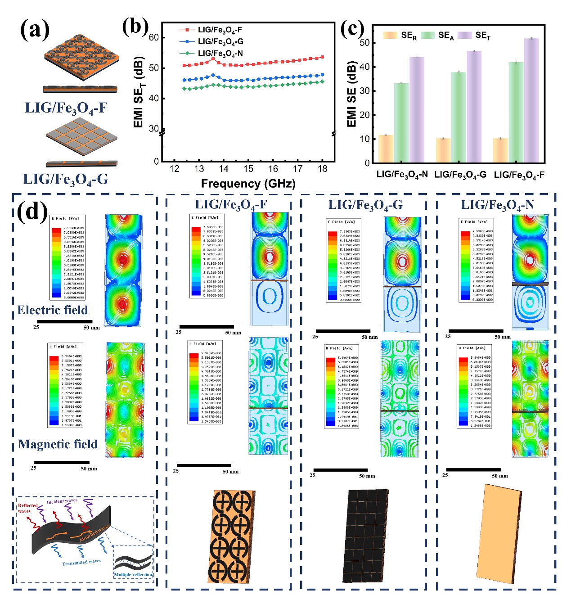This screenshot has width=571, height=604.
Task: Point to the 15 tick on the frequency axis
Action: point(248,169)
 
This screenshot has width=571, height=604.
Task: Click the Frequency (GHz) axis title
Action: point(248,184)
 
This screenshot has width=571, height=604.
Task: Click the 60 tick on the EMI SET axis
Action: point(154,37)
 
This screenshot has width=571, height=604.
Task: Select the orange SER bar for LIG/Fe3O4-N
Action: point(386,149)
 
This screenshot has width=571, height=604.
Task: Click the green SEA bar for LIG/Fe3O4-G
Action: point(459,117)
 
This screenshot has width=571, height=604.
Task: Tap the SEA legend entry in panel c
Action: point(445,36)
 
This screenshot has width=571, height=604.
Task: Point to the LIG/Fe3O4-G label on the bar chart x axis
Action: point(460,175)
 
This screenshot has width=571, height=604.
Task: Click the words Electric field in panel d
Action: point(53,310)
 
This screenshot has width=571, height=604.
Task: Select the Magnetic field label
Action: point(58,444)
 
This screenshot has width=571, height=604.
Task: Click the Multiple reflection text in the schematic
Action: point(133,575)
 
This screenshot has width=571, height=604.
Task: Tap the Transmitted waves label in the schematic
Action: point(81,562)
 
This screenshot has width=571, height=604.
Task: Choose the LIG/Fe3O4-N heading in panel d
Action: point(497,205)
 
